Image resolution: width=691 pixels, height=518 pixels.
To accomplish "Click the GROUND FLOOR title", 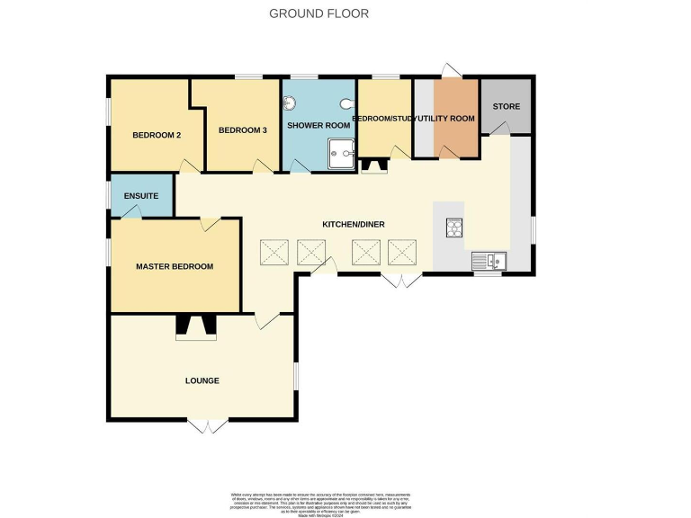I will coord(319,13).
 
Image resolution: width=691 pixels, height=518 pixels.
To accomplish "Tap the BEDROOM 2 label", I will coord(157,136).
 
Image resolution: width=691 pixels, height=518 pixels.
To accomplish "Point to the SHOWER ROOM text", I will coord(312,126).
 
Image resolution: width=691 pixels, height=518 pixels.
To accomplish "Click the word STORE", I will coord(506,107).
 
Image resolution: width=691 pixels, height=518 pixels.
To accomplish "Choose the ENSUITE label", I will coord(141,196).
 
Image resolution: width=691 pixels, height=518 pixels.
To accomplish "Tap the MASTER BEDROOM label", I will coord(175,266).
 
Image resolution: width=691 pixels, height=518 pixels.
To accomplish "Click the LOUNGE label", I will coord(202,380).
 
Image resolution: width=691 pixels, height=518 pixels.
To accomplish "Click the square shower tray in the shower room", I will coord(340,154).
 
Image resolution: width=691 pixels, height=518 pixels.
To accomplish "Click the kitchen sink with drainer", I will coord(489,262).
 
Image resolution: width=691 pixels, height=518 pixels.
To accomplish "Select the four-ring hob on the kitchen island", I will coord(453,228).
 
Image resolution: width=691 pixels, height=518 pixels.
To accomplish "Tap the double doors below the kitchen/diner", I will coord(399,280).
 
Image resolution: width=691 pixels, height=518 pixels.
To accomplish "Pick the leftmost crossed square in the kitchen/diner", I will coord(274,253).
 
